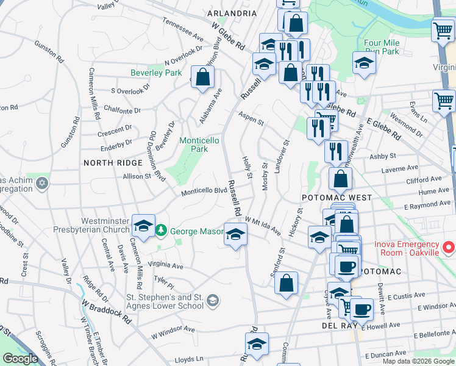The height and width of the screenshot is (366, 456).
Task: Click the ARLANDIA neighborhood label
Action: click(x=231, y=13)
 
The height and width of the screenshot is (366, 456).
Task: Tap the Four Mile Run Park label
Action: click(x=381, y=48)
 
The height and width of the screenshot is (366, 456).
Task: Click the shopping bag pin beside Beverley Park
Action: click(x=203, y=77)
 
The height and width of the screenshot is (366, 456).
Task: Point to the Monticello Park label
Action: click(x=199, y=145)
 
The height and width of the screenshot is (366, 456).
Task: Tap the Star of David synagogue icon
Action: click(x=41, y=183)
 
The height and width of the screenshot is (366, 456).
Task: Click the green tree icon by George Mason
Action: click(x=161, y=231)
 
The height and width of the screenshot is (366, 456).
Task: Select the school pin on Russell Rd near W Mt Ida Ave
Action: click(x=235, y=234)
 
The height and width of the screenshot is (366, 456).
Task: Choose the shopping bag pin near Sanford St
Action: click(x=286, y=283)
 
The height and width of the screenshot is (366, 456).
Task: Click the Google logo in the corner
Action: click(x=20, y=359)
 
